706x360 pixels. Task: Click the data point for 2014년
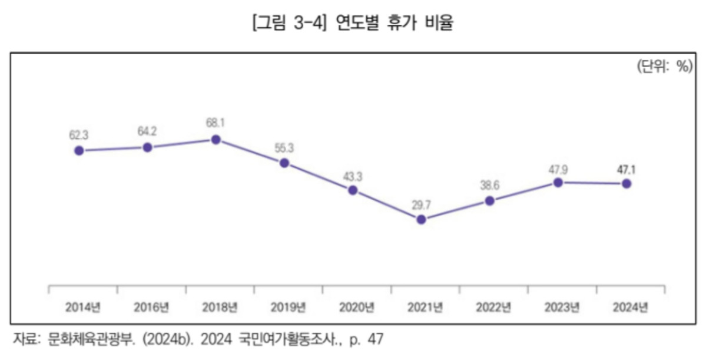(79, 150)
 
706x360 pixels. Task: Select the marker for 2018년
(216, 140)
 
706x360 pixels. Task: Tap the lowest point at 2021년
(420, 219)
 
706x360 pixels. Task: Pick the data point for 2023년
(558, 183)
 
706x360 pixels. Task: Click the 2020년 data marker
(352, 190)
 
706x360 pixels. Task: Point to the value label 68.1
(216, 123)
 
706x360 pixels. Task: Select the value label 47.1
(626, 170)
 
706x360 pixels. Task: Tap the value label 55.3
(284, 147)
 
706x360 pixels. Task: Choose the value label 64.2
(147, 131)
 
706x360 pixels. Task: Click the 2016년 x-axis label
(151, 306)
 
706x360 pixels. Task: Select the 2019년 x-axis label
(288, 306)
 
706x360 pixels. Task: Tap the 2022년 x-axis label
(493, 306)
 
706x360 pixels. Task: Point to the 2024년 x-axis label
(630, 306)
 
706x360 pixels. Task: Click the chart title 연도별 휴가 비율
(395, 24)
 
